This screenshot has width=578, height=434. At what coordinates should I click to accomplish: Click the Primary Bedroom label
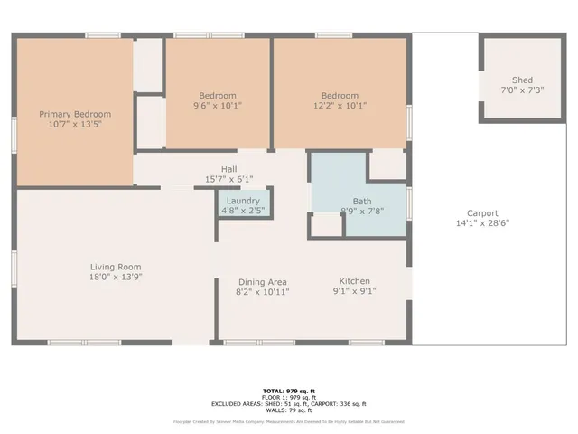click(x=75, y=114)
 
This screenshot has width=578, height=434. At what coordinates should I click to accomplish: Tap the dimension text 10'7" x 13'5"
click(x=75, y=125)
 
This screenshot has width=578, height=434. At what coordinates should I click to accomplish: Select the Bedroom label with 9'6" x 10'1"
click(x=218, y=96)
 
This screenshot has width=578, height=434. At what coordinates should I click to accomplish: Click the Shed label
click(x=522, y=80)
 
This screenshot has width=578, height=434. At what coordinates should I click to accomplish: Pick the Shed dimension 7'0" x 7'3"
click(x=522, y=90)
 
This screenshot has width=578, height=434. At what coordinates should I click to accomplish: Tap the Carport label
click(x=482, y=213)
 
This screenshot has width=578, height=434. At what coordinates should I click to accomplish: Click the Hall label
click(x=229, y=169)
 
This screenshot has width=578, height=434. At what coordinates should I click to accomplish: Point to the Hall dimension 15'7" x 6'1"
click(x=229, y=179)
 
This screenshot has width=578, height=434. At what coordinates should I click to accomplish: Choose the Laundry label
click(x=243, y=201)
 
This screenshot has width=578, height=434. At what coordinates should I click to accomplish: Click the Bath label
click(x=362, y=202)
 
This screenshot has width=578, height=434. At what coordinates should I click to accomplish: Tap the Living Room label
click(x=116, y=267)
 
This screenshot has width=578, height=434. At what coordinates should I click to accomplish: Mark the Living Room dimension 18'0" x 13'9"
click(x=116, y=277)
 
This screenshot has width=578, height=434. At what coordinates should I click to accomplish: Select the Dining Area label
click(x=262, y=281)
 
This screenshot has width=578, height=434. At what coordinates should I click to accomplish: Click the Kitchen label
click(x=355, y=281)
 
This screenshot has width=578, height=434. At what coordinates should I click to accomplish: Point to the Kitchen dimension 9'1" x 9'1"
click(x=355, y=291)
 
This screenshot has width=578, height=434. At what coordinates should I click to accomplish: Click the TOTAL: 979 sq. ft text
click(x=289, y=390)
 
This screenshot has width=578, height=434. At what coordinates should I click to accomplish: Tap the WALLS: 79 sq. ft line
click(x=289, y=410)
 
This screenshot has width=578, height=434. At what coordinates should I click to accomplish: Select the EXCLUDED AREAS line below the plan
click(x=289, y=403)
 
